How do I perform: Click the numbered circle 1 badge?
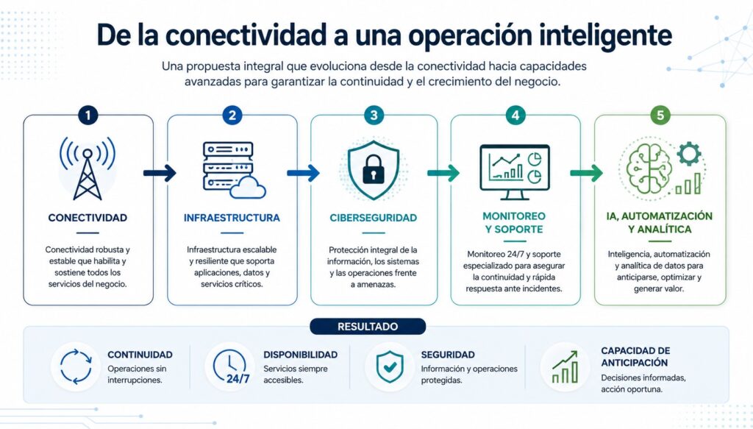click(88, 116)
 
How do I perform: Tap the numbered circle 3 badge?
click(374, 116)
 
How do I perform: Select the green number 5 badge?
click(660, 116)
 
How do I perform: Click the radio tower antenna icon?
click(88, 168)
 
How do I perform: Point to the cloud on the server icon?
click(248, 188)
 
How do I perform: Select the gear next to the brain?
click(689, 153)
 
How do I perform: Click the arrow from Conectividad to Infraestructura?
click(160, 172)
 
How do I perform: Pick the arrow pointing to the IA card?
click(586, 172)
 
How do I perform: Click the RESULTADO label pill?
click(368, 327)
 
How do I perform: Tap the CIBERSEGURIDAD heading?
click(373, 218)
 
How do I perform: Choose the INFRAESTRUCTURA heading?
click(232, 218)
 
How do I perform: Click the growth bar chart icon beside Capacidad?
click(565, 366)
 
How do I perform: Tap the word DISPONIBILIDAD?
click(301, 355)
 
